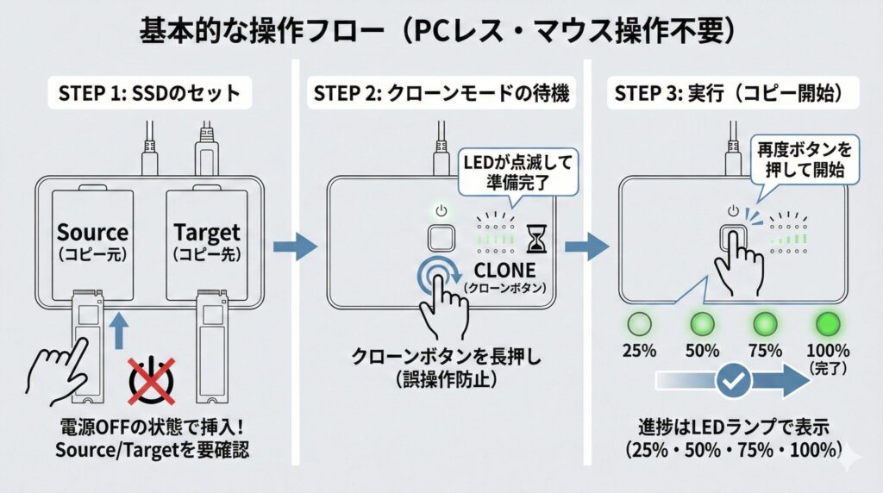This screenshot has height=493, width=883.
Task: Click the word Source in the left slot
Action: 92,233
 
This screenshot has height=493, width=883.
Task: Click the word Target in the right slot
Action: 206,233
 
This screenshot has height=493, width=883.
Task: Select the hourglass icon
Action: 537,235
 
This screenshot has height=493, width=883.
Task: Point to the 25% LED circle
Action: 641,325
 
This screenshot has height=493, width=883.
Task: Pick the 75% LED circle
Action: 764,325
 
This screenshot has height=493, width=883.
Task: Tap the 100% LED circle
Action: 825,325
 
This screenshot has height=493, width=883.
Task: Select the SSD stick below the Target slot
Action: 211,345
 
